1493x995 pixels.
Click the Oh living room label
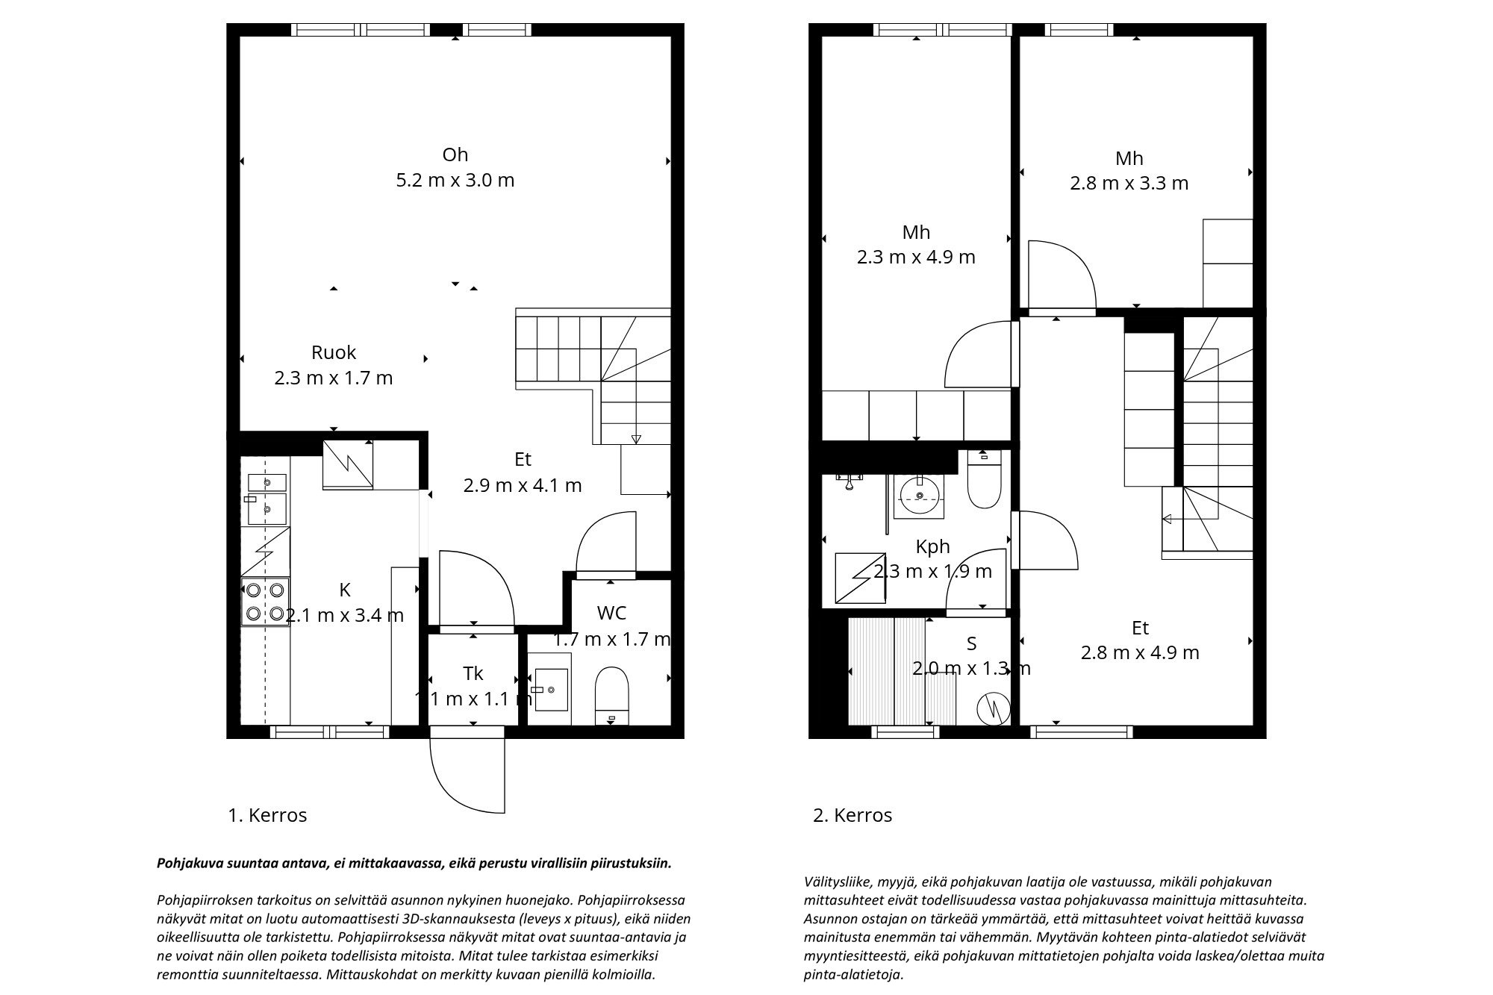click(455, 155)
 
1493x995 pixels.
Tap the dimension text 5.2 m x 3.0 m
click(455, 181)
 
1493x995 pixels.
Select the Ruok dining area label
click(334, 352)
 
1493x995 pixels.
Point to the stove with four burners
click(266, 602)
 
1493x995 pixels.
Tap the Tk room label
click(473, 673)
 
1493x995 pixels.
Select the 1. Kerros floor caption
click(267, 815)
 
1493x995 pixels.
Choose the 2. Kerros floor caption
click(853, 815)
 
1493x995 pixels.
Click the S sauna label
click(971, 643)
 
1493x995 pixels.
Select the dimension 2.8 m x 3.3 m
click(1129, 184)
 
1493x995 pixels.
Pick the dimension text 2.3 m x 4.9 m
click(916, 258)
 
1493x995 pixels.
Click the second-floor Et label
click(1140, 628)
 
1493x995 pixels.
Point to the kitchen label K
click(345, 590)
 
